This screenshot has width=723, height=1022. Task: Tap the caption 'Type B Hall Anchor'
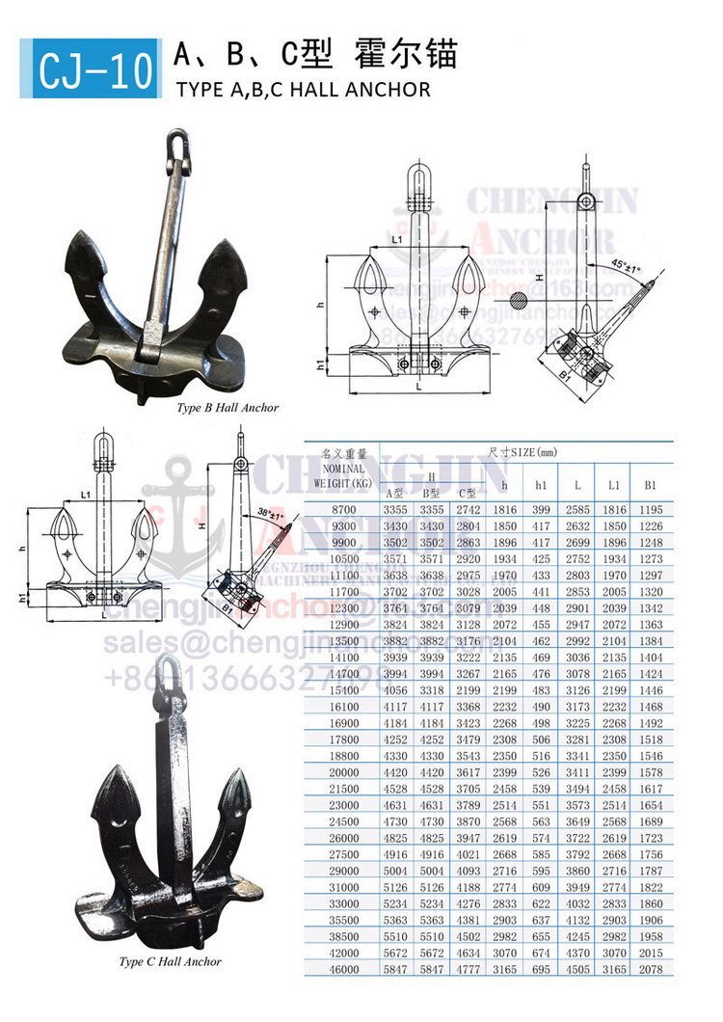tap(228, 408)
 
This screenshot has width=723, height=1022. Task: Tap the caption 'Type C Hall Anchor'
tap(170, 961)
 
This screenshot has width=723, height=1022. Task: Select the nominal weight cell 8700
tap(343, 508)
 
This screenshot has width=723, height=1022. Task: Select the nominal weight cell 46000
tap(343, 968)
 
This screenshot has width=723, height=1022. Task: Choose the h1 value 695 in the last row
tap(541, 968)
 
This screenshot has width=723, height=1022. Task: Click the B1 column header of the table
tap(652, 484)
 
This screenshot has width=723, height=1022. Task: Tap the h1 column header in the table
tap(541, 484)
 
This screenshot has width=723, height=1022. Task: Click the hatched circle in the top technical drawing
tap(521, 302)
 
